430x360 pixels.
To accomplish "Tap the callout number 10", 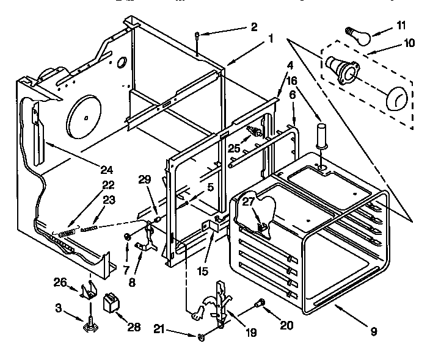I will pyautogui.click(x=409, y=43).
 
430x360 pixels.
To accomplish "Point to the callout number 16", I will pyautogui.click(x=293, y=79).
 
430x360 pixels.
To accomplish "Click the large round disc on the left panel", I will pyautogui.click(x=86, y=116).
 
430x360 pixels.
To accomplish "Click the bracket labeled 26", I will pyautogui.click(x=89, y=291).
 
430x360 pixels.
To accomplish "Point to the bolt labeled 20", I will pyautogui.click(x=261, y=302).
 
